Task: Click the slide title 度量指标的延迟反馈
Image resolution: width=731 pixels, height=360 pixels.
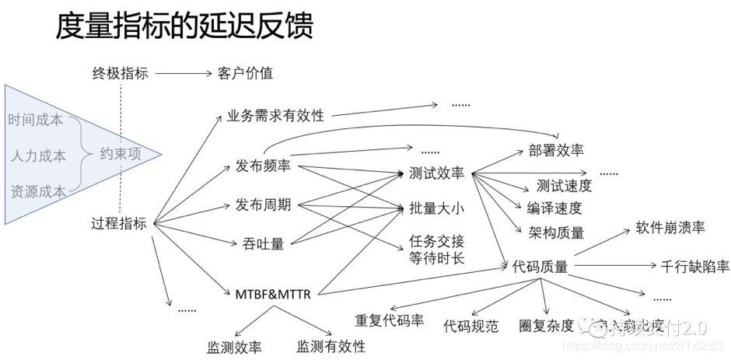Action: point(184,27)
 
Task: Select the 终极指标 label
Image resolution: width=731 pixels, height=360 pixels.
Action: point(121,74)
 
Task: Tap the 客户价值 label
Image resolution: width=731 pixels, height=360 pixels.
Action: point(245,74)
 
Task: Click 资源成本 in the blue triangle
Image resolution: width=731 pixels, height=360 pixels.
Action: point(37,190)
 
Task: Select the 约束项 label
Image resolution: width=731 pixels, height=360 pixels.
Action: point(121,154)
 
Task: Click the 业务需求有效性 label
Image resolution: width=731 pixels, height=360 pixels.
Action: point(275,115)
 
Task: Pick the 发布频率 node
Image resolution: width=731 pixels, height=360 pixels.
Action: point(264,166)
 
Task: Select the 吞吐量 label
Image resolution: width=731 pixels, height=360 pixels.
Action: point(257,244)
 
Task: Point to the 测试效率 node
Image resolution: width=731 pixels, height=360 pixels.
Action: point(436,173)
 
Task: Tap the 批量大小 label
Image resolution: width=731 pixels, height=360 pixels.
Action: point(436,208)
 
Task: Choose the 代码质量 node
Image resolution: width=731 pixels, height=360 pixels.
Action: point(540,267)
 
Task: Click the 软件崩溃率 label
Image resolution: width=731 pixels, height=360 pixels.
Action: point(670,228)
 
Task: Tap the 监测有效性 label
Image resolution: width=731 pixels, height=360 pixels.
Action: point(331,345)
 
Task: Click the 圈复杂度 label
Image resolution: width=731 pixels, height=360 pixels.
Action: point(547,324)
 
